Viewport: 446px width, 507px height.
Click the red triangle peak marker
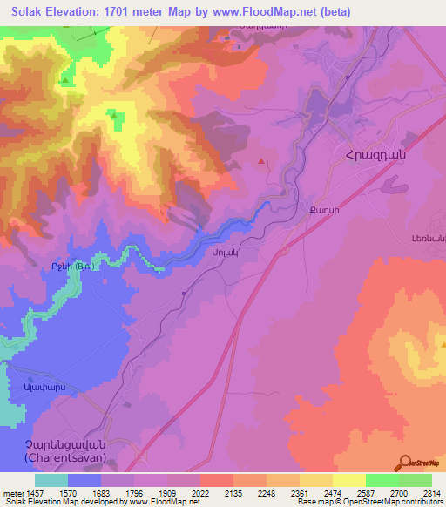click(x=263, y=160)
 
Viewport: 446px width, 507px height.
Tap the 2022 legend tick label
click(x=200, y=493)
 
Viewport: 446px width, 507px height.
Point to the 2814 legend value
click(x=430, y=493)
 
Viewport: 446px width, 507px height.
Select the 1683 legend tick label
click(x=101, y=493)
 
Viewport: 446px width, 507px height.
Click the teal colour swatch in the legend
click(x=51, y=480)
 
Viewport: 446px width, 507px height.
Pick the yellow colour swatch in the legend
click(x=348, y=480)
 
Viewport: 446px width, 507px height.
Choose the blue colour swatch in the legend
click(x=84, y=480)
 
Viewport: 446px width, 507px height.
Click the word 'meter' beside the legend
click(x=12, y=493)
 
